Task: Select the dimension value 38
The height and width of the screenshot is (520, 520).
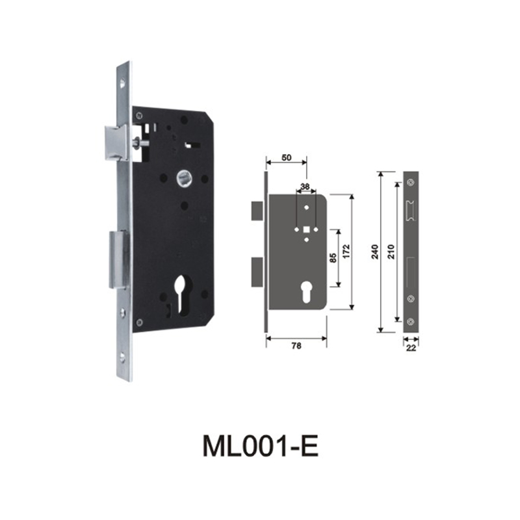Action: tap(305, 187)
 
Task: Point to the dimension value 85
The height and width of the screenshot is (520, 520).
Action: tap(332, 258)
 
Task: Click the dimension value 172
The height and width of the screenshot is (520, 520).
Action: tap(346, 252)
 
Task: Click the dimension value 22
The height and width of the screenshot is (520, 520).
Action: tap(411, 348)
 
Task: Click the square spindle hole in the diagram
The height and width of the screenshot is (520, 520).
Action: tap(305, 229)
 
